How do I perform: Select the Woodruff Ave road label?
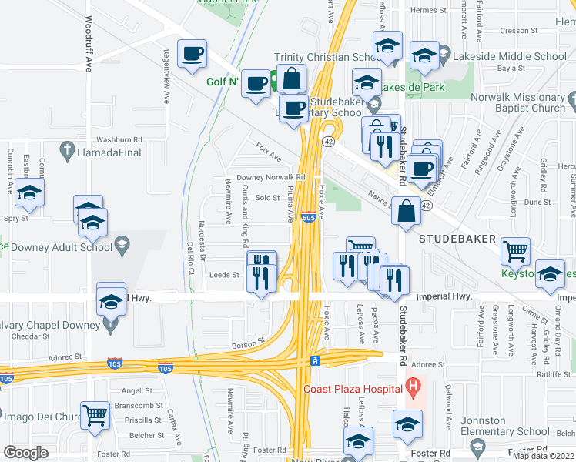tap(89, 45)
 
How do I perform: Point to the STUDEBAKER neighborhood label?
tap(457, 239)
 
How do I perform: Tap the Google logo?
tap(25, 452)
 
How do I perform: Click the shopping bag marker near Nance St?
tap(406, 210)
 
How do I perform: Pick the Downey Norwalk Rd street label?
tap(271, 177)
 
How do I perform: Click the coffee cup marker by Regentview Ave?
tap(192, 55)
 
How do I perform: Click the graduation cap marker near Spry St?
tap(29, 193)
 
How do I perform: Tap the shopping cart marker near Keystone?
tap(515, 250)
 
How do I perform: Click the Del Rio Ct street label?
tap(190, 258)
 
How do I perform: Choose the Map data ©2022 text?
tap(543, 455)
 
